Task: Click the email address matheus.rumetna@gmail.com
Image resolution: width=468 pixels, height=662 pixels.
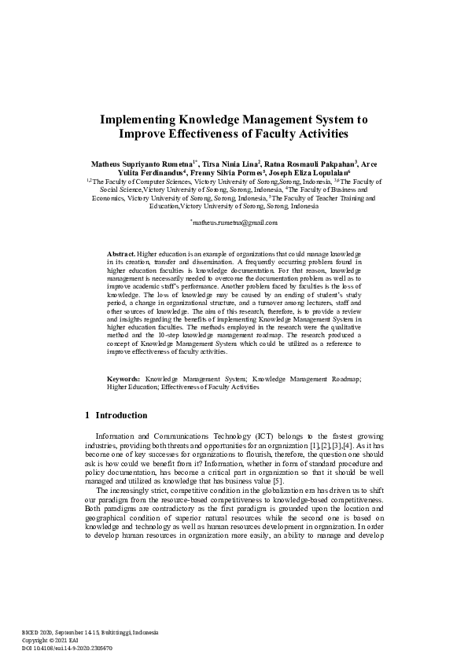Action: tap(234, 223)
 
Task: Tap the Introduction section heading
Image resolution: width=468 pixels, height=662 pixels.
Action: tap(121, 415)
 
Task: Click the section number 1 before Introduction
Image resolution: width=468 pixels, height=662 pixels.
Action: tap(87, 415)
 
